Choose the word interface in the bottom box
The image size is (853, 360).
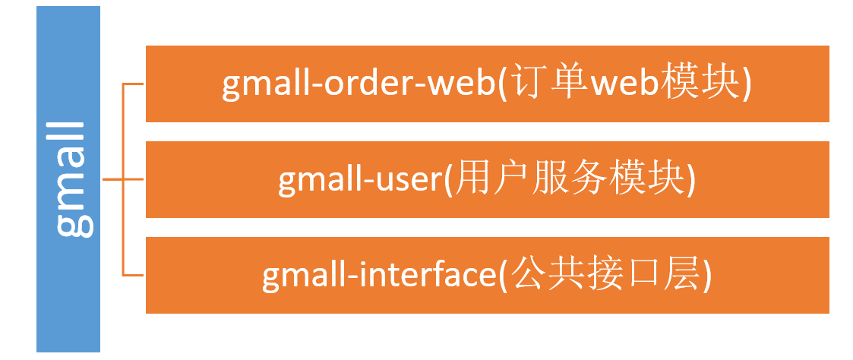pos(424,276)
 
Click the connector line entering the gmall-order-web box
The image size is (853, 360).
pos(134,84)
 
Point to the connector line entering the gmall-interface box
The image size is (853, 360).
pos(134,275)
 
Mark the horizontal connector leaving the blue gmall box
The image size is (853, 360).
pos(111,180)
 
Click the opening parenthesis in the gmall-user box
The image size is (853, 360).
pos(448,181)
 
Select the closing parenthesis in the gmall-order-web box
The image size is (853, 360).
pos(747,86)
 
